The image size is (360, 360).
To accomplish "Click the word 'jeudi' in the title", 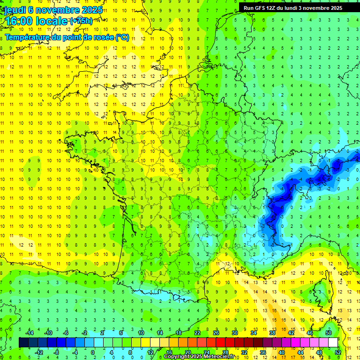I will [x=15, y=10].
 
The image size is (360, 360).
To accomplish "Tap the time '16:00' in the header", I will [x=20, y=21].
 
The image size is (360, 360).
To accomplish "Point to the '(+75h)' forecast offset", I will [x=81, y=21].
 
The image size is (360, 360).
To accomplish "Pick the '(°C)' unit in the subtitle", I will [x=122, y=37].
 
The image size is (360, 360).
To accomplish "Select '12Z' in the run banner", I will [x=275, y=8].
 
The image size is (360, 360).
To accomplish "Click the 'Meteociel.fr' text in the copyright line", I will [x=217, y=357].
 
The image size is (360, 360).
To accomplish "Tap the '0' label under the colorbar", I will [x=93, y=352].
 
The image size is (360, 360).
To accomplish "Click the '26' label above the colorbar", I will [x=216, y=333].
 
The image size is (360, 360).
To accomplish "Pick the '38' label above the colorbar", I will [x=272, y=333].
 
